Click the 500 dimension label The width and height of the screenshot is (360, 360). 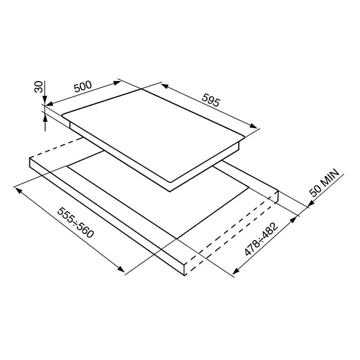(83, 86)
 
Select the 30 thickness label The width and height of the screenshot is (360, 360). (38, 87)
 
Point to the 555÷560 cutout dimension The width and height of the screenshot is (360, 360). (76, 222)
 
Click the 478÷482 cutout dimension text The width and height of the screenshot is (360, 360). (261, 239)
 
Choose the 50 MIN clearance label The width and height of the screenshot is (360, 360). (325, 182)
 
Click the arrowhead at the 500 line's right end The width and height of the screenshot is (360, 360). (116, 83)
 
